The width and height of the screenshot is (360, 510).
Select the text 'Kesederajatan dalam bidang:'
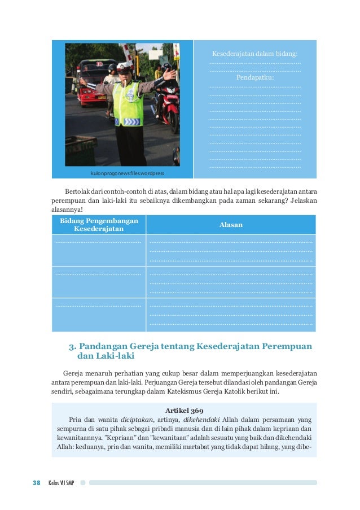254,54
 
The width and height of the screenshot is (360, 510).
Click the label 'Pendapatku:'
255,77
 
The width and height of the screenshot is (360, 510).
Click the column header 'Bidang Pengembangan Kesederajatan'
99,224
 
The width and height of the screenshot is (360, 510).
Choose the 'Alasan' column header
231,224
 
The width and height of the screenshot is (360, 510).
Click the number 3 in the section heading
71,346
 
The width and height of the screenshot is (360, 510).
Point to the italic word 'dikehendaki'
201,420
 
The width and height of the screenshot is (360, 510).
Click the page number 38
36,482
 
